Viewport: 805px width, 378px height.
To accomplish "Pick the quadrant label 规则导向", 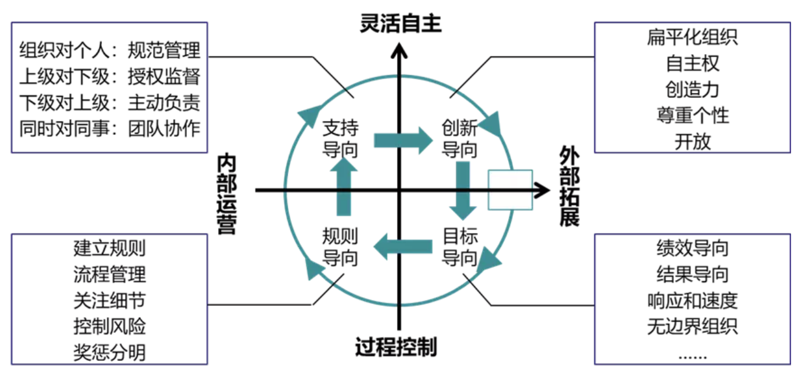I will click(340, 246).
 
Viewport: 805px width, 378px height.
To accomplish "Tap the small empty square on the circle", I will click(511, 190).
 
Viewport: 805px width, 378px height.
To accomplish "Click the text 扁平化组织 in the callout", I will click(692, 37).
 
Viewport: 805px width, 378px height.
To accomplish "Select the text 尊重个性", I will click(692, 115).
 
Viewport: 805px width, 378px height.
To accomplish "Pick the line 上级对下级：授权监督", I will click(109, 76).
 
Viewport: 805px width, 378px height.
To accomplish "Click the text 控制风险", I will click(109, 326).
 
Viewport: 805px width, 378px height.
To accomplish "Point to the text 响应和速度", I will click(692, 300).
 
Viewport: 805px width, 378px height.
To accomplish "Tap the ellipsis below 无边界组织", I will click(692, 355).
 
